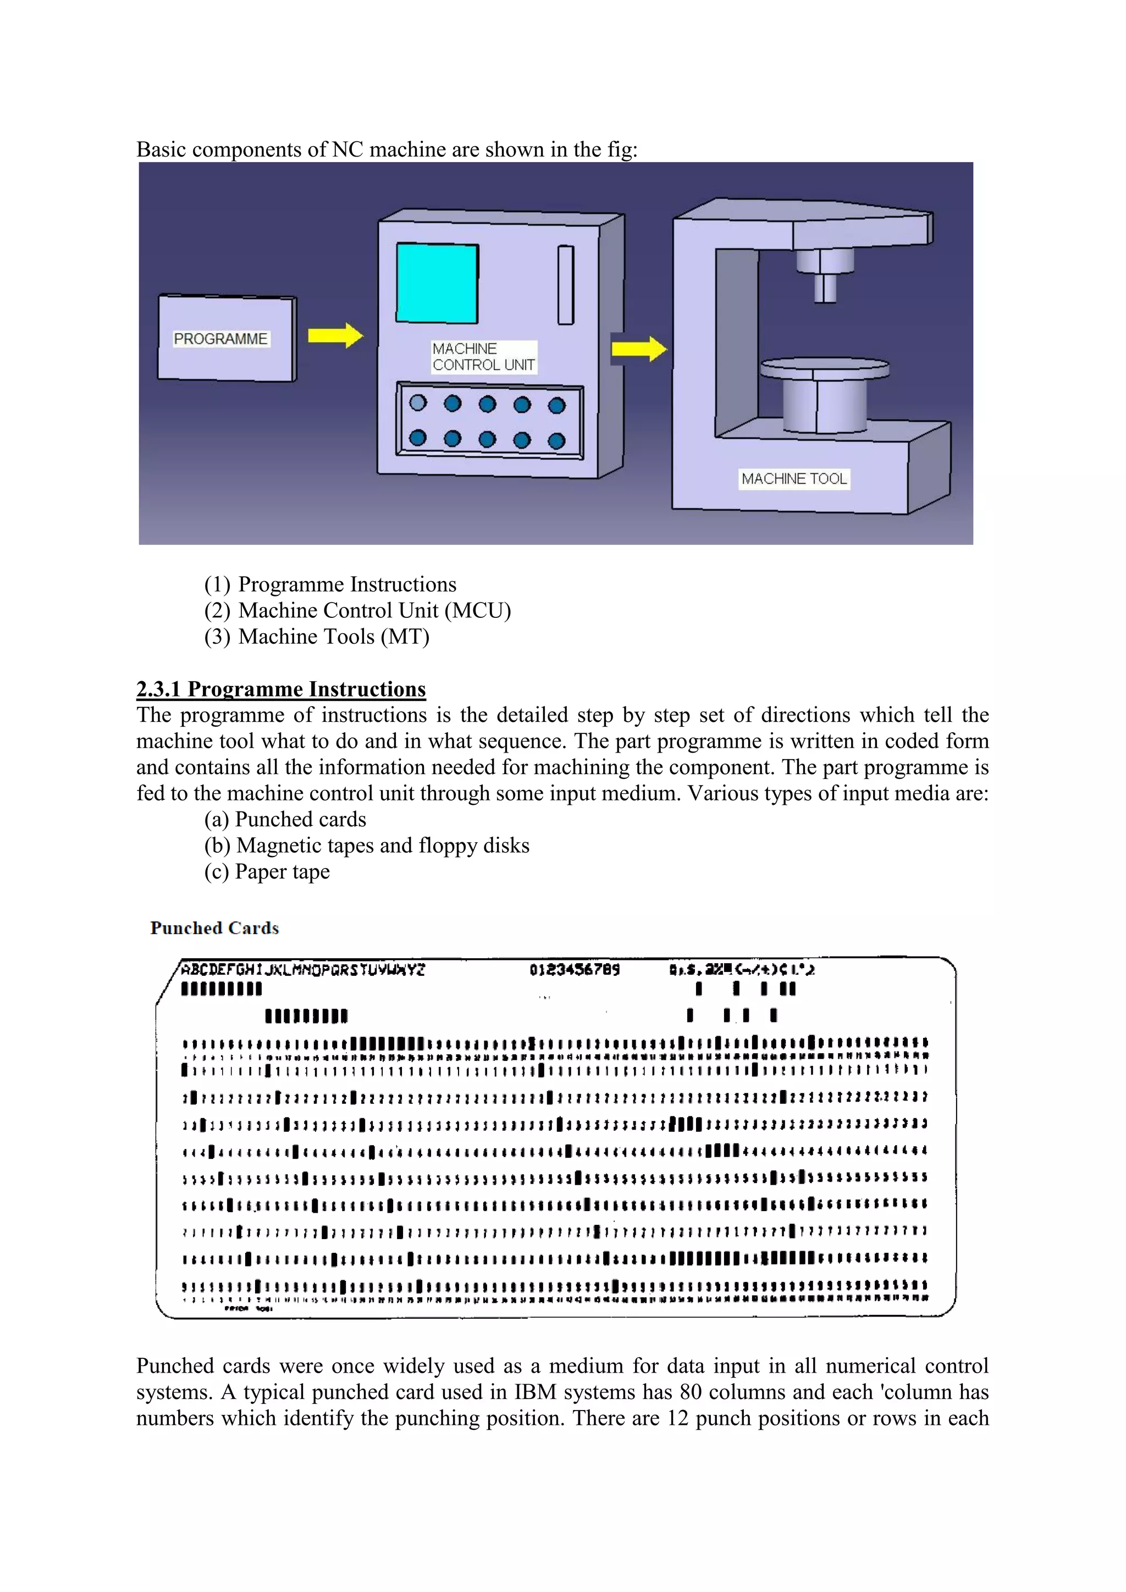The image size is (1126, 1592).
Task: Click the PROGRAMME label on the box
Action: [x=220, y=339]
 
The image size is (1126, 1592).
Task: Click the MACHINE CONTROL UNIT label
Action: [x=483, y=356]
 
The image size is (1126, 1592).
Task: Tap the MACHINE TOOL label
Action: [x=794, y=478]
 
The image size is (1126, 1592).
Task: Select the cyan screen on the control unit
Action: [x=437, y=283]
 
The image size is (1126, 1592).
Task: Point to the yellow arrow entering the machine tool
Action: [x=639, y=348]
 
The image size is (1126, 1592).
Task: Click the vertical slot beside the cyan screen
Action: [x=566, y=285]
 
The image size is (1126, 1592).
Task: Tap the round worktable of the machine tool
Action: [x=824, y=368]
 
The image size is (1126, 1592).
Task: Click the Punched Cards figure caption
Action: [x=214, y=928]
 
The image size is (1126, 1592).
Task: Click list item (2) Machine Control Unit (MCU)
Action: [x=357, y=610]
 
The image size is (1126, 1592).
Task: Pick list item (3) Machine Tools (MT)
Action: [x=317, y=637]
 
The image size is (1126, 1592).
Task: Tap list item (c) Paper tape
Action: [x=267, y=871]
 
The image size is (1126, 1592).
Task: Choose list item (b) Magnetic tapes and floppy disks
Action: [x=367, y=845]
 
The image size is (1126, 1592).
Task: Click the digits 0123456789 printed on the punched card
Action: [x=574, y=969]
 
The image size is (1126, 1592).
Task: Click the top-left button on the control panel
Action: [x=418, y=403]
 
